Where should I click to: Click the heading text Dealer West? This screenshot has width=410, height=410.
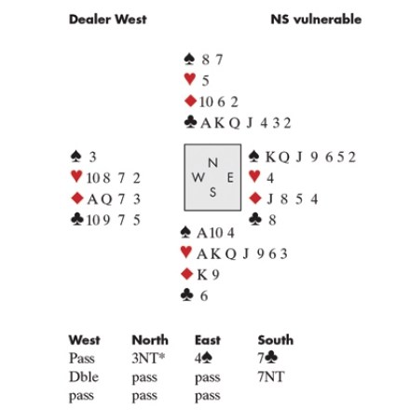point(107,20)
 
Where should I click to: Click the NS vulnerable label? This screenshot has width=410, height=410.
point(316,20)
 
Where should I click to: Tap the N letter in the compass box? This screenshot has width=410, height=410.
point(212,163)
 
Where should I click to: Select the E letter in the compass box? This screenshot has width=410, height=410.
point(230,178)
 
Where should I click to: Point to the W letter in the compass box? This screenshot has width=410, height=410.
point(198,178)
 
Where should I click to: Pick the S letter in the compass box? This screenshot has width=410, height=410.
point(212,192)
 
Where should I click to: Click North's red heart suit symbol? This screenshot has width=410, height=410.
point(190,79)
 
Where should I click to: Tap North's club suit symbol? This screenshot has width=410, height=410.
point(190,122)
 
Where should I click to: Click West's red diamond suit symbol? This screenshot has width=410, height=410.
point(77,198)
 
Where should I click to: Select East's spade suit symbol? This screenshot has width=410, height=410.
point(254,157)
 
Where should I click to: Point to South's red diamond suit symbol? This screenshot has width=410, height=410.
point(186,274)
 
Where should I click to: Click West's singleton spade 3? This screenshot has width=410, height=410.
point(92,157)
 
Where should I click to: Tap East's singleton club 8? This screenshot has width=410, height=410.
point(272,220)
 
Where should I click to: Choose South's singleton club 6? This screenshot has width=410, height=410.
point(204,296)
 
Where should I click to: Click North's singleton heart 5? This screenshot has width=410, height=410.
point(205,81)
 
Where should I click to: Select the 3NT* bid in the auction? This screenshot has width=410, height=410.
point(148,359)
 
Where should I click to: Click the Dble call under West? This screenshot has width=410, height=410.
point(84,376)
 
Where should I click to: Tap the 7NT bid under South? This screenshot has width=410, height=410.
point(271,376)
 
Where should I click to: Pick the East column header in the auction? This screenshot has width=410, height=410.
point(208,340)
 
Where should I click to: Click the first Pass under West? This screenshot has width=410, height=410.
point(82,359)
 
